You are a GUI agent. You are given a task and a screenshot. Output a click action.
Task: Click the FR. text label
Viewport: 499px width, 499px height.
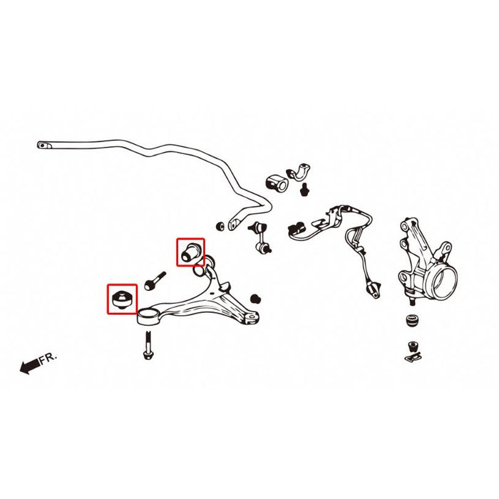(x=48, y=359)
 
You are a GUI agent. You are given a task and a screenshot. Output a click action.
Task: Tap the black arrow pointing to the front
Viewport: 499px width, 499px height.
(x=30, y=366)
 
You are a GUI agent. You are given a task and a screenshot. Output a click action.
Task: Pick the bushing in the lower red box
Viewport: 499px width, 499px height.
(x=122, y=299)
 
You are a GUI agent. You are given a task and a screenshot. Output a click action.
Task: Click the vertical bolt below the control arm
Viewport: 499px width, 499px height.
(x=148, y=345)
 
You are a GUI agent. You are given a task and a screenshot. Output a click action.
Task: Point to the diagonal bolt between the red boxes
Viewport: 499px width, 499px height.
(x=155, y=281)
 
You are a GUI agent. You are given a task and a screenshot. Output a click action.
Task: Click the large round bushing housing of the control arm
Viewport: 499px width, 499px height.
(x=148, y=317)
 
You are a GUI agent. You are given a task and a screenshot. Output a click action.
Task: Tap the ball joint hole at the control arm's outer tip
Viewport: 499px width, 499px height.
(x=252, y=318)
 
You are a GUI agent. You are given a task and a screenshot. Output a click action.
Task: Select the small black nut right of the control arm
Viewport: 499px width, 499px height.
(x=255, y=299)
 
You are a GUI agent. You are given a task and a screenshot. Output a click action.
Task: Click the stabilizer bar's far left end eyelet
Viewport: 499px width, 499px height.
(x=44, y=145)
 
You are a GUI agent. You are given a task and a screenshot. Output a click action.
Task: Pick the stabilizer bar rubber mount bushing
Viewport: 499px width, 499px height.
(x=277, y=183)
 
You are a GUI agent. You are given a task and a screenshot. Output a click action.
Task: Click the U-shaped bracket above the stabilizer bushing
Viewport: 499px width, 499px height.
(x=299, y=173)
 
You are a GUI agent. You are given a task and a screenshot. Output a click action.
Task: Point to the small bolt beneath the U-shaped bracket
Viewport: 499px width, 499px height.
(x=304, y=190)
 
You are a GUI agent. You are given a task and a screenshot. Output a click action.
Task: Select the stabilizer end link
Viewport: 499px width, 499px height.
(x=260, y=238)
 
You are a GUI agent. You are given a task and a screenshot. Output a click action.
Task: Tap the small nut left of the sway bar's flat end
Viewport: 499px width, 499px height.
(x=220, y=226)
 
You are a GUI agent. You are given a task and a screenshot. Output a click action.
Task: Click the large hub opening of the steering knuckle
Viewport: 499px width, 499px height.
(x=445, y=281)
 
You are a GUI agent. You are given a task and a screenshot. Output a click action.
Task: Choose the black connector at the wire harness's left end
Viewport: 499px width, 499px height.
(x=296, y=228)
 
